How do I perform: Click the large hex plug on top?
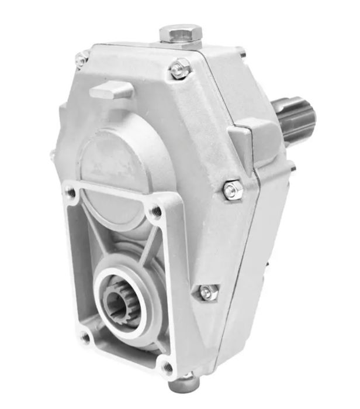[181, 33]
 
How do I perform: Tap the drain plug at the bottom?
[184, 384]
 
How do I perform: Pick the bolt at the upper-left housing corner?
[81, 58]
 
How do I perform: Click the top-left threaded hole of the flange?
[71, 191]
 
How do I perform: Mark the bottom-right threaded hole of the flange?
[168, 367]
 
